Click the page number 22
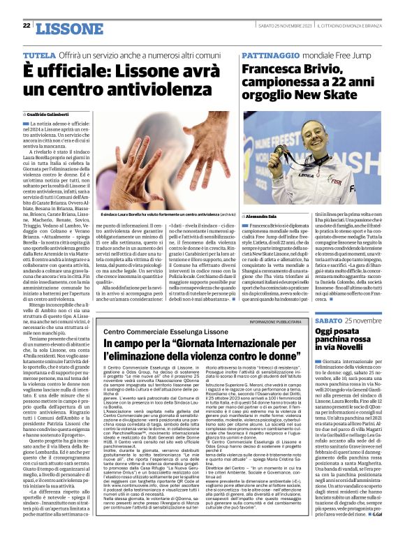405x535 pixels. pyautogui.click(x=26, y=25)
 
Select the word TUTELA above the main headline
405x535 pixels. pyautogui.click(x=40, y=54)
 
